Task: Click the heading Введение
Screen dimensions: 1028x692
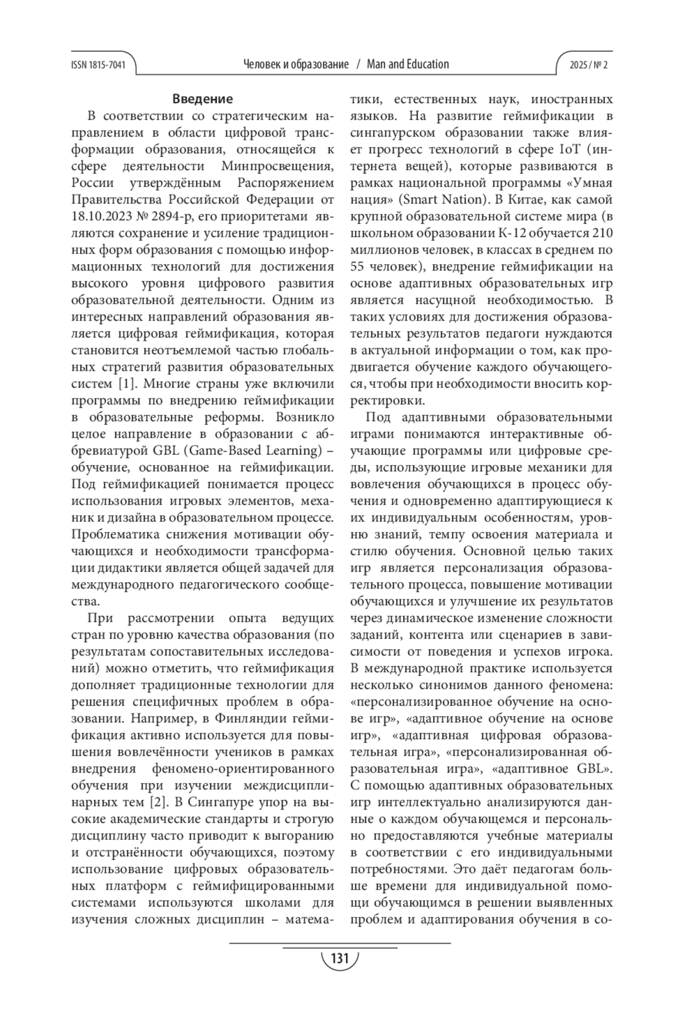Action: pos(202,99)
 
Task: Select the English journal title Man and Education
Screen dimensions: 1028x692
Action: pos(408,64)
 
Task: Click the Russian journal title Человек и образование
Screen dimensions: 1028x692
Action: pos(296,64)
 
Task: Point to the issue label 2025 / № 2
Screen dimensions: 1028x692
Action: pos(588,65)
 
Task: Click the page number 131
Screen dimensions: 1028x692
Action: pos(340,959)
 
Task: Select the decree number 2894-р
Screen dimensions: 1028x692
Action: pos(172,217)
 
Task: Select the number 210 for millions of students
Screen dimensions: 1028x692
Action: pos(601,234)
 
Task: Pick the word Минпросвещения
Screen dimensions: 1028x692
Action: pos(277,167)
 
